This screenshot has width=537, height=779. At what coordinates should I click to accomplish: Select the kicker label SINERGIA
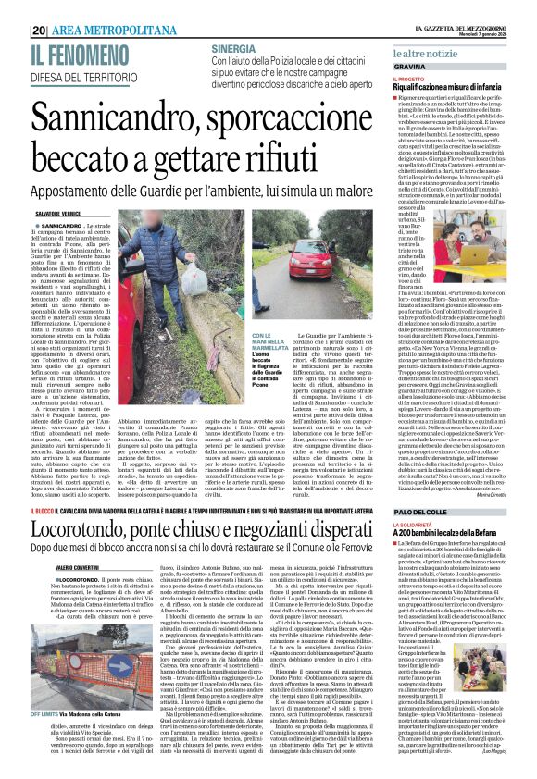tap(233, 47)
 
